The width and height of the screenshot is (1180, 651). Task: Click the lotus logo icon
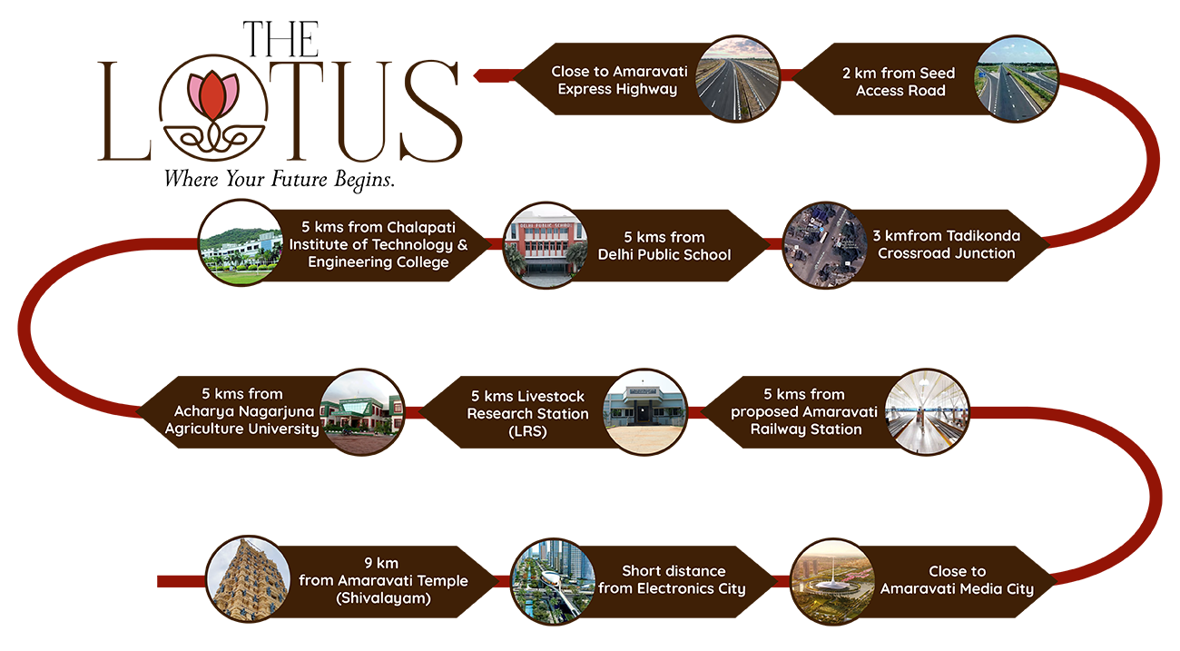[212, 97]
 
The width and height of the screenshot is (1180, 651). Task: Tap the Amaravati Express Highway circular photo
[737, 79]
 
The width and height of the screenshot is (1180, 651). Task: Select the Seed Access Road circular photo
[1016, 79]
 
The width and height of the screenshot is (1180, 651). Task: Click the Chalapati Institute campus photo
[241, 243]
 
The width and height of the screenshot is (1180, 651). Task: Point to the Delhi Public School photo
[546, 245]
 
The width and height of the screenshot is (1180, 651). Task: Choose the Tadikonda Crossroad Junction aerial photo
[825, 245]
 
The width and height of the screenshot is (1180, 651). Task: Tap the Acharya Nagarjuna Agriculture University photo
[362, 411]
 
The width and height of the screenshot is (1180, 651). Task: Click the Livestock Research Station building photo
[644, 411]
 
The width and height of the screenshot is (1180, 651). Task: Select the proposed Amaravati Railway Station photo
[927, 411]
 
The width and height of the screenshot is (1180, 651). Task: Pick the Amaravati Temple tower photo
[249, 580]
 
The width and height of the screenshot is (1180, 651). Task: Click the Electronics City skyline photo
[554, 581]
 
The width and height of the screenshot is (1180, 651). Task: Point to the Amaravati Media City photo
[832, 581]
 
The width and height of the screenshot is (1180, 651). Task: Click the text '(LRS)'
[527, 431]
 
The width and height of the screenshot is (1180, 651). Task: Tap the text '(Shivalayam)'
[383, 598]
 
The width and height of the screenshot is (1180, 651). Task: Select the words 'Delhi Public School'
[664, 255]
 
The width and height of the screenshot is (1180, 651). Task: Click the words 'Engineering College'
[378, 262]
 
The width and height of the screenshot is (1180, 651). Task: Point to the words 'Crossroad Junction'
[946, 253]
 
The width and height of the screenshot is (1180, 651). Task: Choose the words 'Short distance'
[673, 571]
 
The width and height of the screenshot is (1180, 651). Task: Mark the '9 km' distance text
[381, 563]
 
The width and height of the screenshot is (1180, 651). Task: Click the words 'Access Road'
[900, 91]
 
